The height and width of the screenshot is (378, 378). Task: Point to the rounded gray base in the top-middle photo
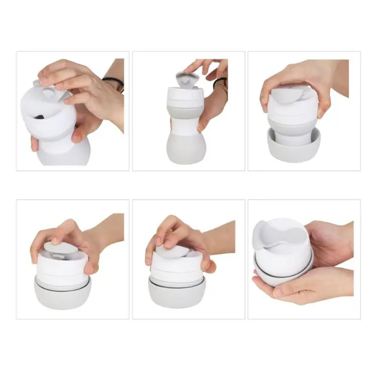[185, 150]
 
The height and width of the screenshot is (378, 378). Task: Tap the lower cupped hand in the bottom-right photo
[307, 287]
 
